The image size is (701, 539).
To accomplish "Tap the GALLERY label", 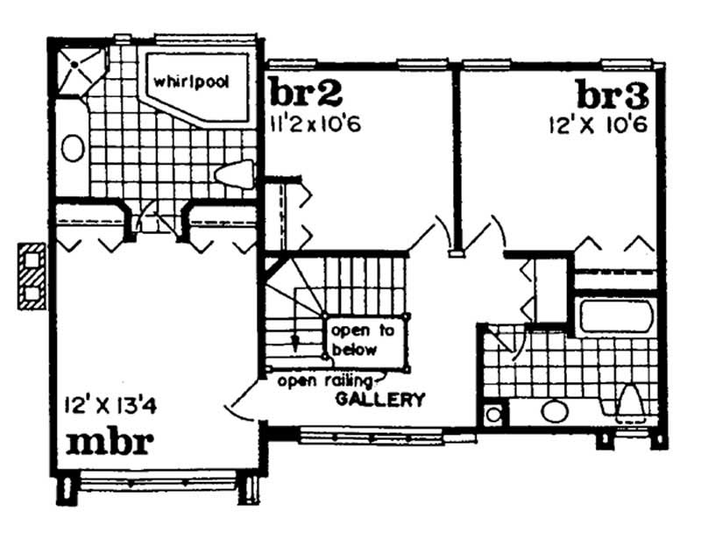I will (x=380, y=401).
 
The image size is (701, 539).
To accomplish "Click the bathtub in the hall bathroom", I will (x=616, y=316).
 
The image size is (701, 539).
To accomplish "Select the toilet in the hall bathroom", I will (x=631, y=403).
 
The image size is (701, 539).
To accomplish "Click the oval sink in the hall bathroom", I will (x=554, y=410).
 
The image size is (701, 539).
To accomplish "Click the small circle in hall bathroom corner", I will (x=494, y=414).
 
